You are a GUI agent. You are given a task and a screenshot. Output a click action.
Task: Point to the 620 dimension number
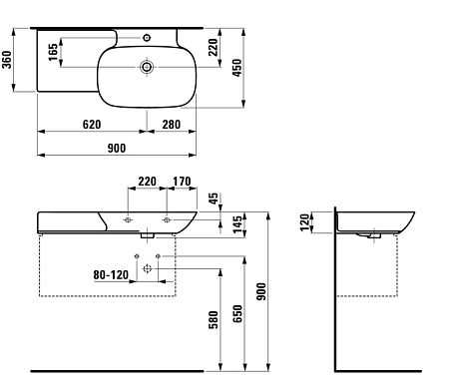91,124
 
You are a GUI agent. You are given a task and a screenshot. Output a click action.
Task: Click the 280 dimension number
171,124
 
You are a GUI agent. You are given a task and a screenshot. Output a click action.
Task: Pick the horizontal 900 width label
117,148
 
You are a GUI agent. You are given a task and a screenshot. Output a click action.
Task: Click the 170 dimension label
182,182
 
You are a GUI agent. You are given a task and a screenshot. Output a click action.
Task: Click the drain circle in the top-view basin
148,68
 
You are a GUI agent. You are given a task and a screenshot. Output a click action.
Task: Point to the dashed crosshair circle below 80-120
148,269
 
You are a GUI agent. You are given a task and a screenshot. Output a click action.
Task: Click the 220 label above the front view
147,182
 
